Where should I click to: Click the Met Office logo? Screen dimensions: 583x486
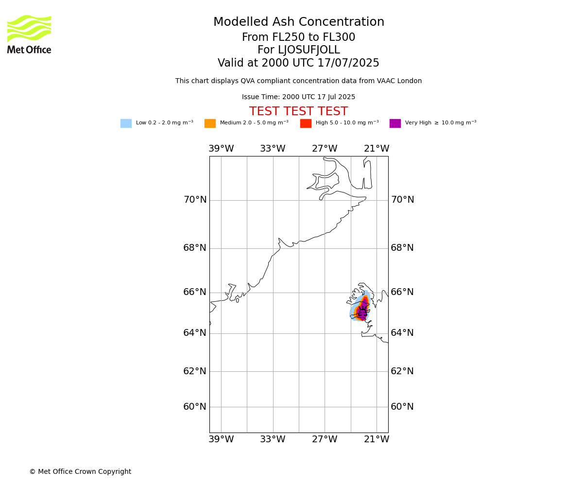click(x=29, y=35)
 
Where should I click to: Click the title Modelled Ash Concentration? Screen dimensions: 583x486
click(x=298, y=22)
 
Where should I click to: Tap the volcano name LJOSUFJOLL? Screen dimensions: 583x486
click(x=309, y=50)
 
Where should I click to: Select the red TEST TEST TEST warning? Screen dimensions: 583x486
click(x=298, y=111)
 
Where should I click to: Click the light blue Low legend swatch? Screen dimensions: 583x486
click(x=126, y=123)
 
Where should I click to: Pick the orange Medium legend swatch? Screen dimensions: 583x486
click(x=210, y=123)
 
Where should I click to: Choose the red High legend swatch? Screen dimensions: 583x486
click(x=306, y=123)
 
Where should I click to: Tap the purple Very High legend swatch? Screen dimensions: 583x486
click(x=395, y=123)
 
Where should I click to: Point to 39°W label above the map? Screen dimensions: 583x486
click(x=222, y=148)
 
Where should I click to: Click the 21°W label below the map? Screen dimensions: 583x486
click(x=377, y=439)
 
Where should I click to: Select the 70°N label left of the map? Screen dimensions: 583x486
click(x=195, y=199)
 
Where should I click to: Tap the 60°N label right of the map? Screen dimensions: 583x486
click(x=402, y=406)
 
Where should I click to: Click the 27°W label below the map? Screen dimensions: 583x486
click(x=325, y=439)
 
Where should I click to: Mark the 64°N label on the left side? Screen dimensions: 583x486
click(x=195, y=332)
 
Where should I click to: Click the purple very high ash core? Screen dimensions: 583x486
click(x=362, y=311)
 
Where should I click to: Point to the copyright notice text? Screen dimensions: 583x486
click(x=81, y=471)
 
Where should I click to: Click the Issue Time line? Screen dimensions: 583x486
click(x=298, y=97)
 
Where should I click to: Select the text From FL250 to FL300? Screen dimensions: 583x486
click(x=298, y=37)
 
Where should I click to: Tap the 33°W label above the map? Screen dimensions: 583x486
click(x=273, y=148)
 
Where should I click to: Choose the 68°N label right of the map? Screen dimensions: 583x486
click(x=402, y=247)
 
